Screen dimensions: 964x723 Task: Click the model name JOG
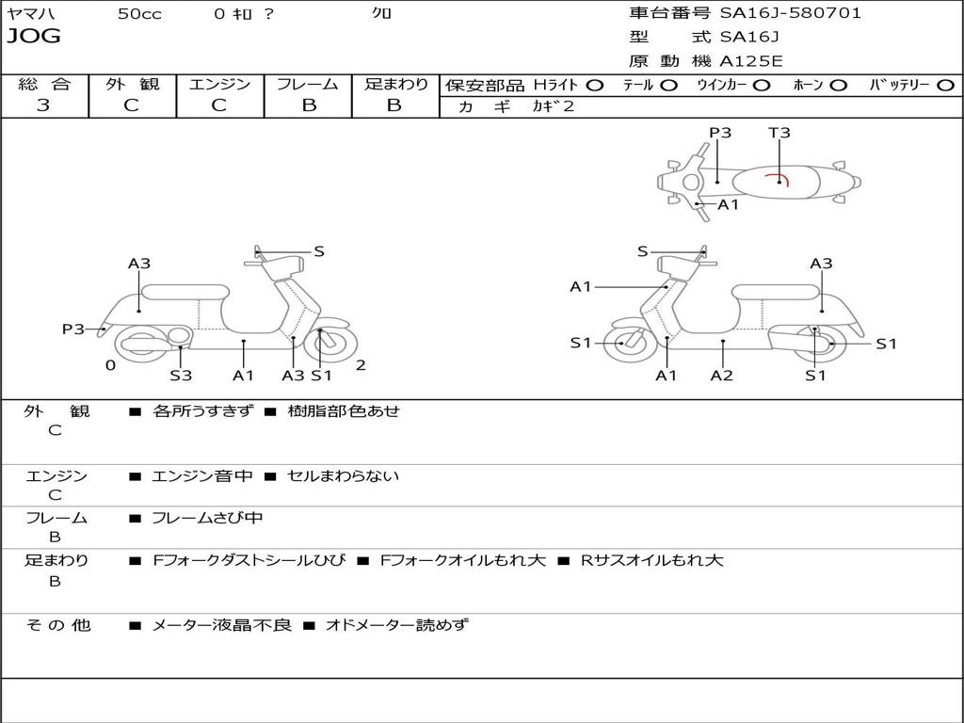coord(34,37)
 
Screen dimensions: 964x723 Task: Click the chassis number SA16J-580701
coord(790,13)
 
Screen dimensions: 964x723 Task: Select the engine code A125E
coord(752,61)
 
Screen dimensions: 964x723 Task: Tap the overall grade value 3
coord(43,105)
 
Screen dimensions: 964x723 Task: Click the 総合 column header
coord(43,85)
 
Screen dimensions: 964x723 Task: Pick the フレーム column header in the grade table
coord(308,85)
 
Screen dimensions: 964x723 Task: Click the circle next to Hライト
coord(594,86)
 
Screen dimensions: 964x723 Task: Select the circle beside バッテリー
coord(945,86)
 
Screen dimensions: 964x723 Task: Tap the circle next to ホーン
coord(838,86)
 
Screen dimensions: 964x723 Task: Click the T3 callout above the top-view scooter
coord(779,133)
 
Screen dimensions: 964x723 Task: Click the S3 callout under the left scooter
coord(181,376)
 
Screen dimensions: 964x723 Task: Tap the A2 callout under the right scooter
coord(722,376)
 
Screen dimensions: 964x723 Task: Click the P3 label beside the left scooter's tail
coord(73,329)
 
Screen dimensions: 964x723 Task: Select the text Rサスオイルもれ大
coord(651,560)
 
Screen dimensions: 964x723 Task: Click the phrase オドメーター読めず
coord(396,624)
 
